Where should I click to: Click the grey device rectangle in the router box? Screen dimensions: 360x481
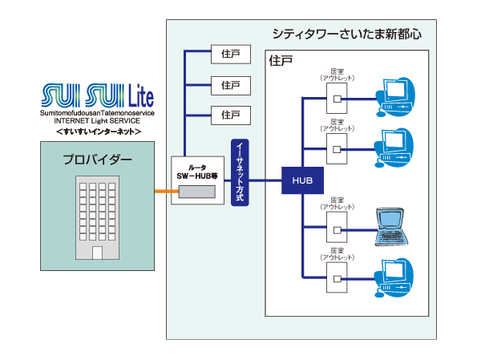click(x=197, y=192)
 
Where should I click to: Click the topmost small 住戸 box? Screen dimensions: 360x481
click(x=230, y=55)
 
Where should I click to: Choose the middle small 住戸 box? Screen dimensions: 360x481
click(x=230, y=84)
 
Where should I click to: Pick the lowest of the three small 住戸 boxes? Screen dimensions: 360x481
click(x=230, y=113)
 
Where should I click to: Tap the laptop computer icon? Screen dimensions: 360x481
click(x=394, y=226)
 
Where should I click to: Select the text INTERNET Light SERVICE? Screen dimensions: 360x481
click(x=98, y=121)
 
